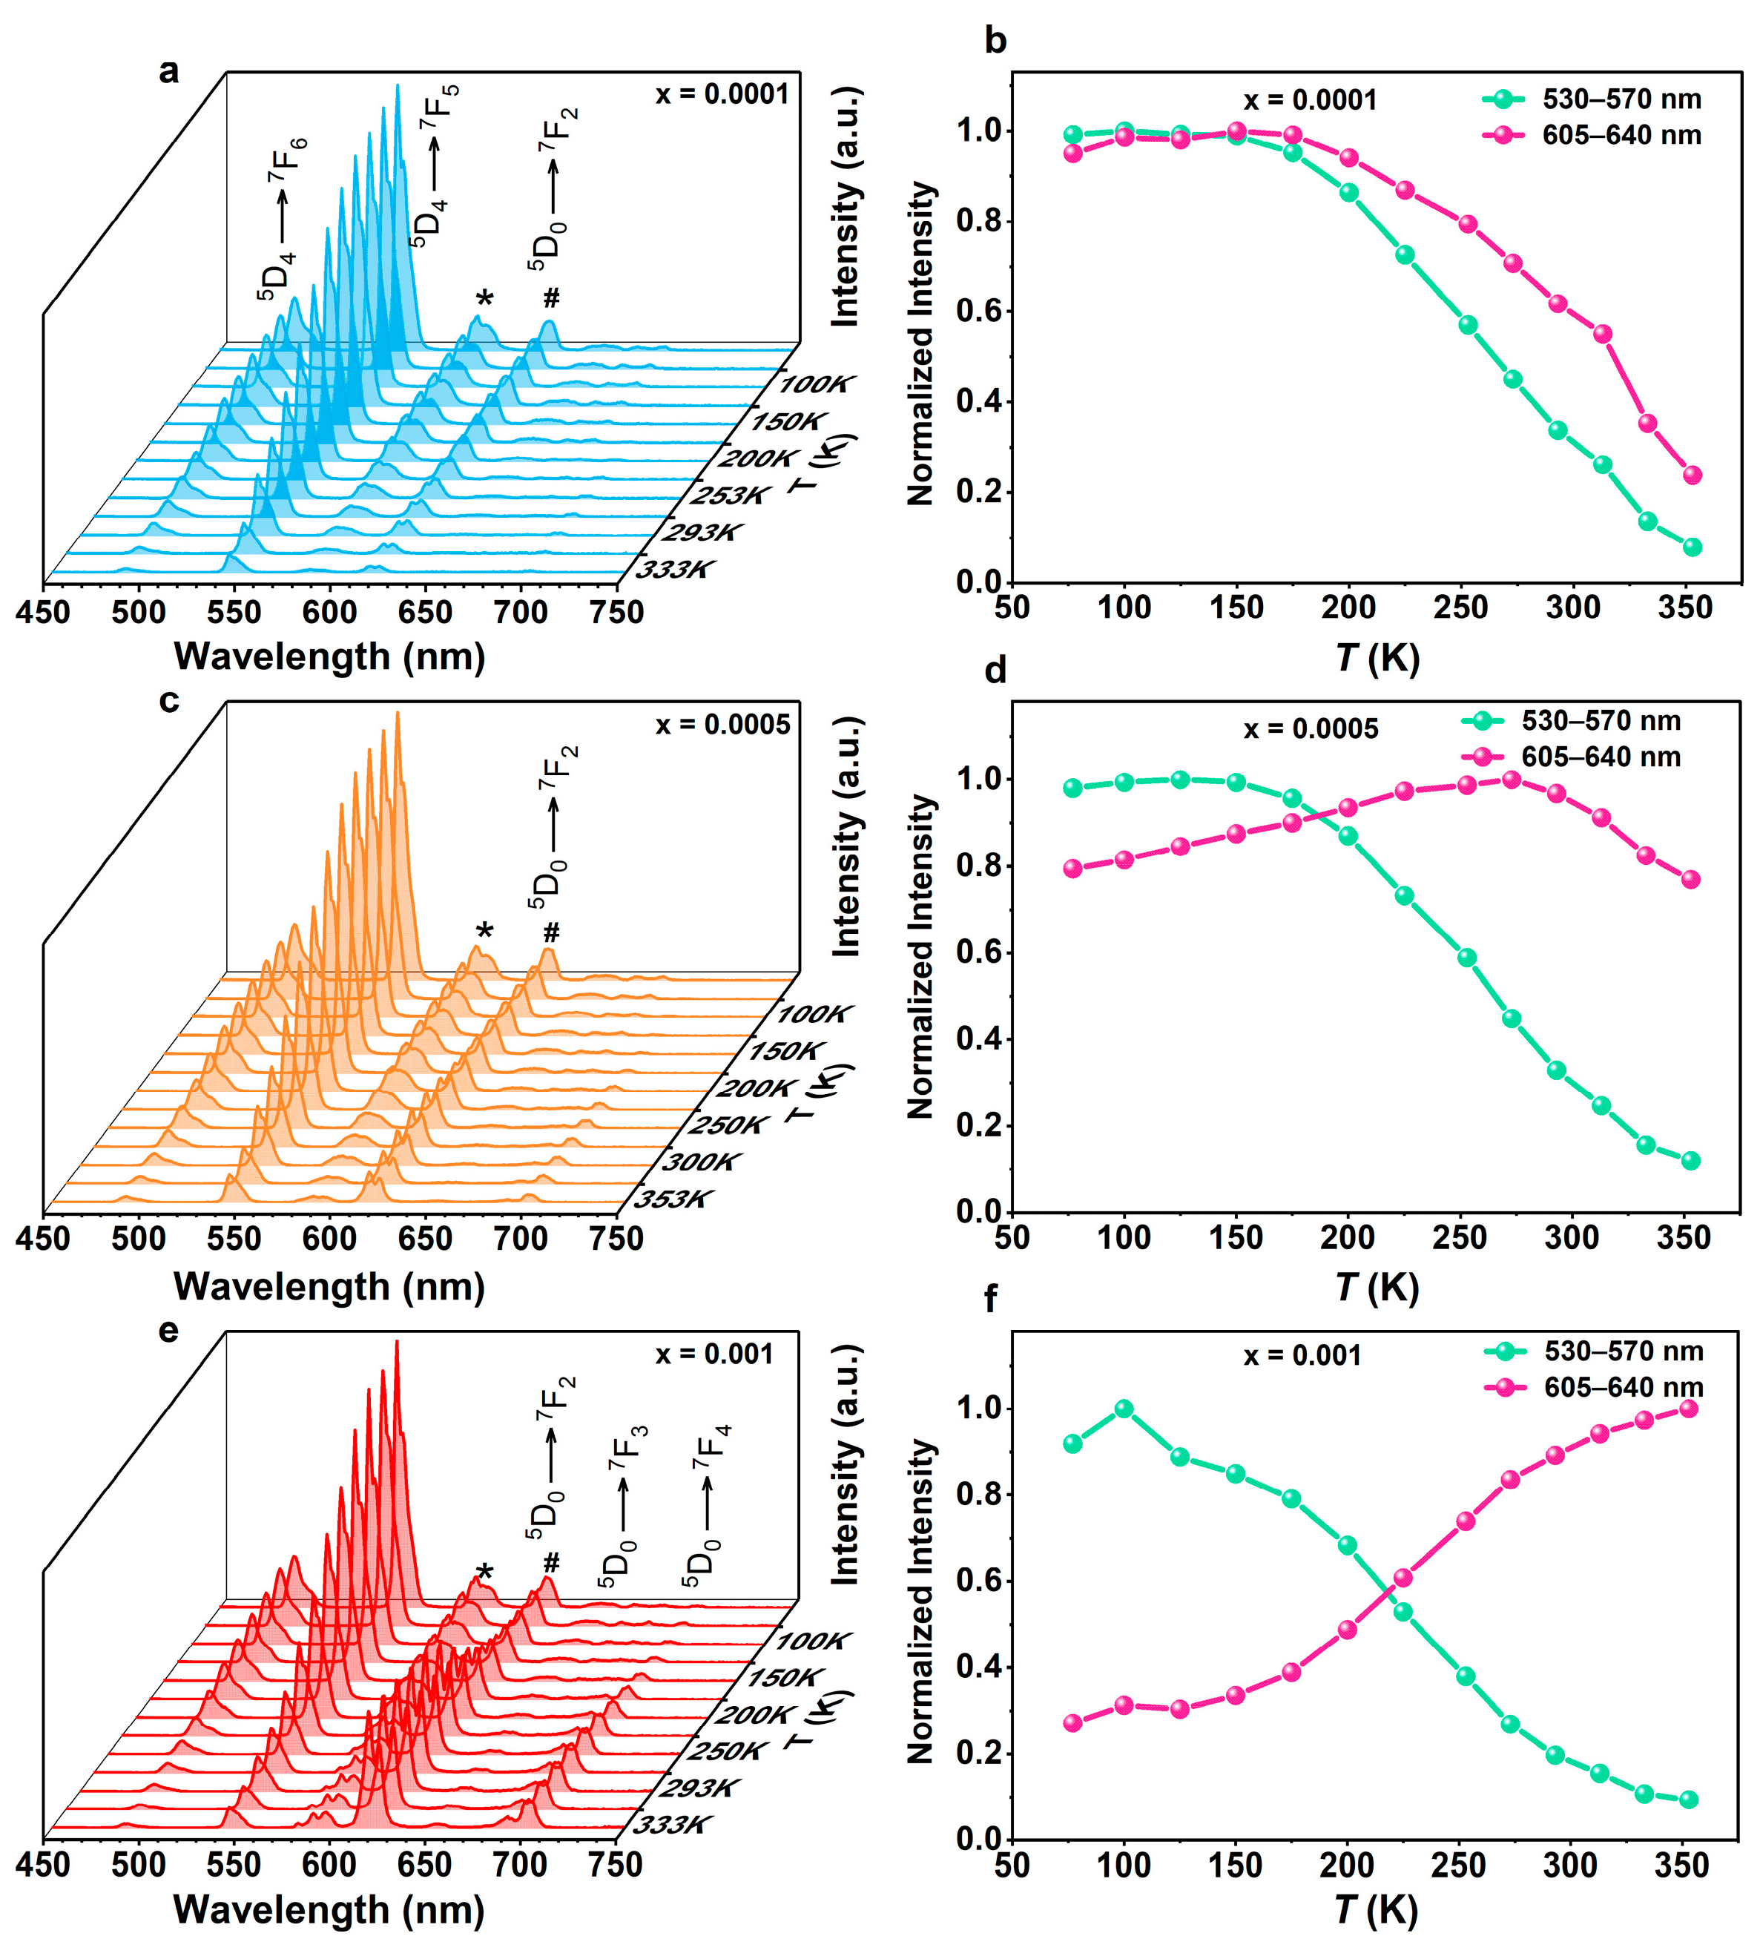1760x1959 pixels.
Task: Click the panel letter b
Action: coord(995,41)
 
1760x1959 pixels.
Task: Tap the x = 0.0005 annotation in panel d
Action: coord(1311,729)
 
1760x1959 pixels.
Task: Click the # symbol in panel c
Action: coord(551,932)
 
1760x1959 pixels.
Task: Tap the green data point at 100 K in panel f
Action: coord(1124,1409)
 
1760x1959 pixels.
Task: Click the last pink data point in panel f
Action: coord(1689,1409)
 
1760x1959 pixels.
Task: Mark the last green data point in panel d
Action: coord(1690,1160)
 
